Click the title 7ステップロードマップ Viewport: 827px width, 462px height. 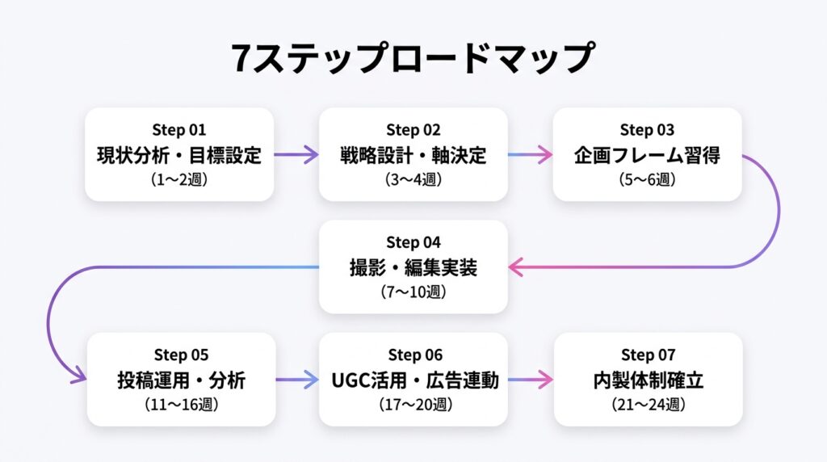click(413, 57)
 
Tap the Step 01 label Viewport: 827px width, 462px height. click(178, 130)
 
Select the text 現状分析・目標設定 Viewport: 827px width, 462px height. click(179, 156)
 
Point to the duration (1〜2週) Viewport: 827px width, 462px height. click(179, 180)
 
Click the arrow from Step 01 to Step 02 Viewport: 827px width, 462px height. click(296, 155)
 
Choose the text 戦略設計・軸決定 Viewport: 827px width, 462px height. click(413, 156)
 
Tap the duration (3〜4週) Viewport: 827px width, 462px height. click(413, 180)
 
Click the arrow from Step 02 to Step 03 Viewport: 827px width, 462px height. click(530, 155)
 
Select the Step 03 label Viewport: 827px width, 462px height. click(647, 130)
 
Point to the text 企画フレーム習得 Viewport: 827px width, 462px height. click(647, 156)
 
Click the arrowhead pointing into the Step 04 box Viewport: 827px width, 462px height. click(516, 267)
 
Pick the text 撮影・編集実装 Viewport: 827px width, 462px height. click(413, 268)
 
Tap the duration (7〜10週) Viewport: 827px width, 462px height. click(413, 292)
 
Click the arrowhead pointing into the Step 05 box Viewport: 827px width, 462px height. click(79, 375)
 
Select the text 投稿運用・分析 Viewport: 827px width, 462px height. click(182, 380)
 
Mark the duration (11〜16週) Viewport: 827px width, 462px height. click(182, 405)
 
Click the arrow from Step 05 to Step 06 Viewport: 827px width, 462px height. click(297, 380)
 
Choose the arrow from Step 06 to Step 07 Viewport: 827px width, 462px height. click(531, 380)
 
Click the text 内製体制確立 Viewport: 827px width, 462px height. click(649, 380)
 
